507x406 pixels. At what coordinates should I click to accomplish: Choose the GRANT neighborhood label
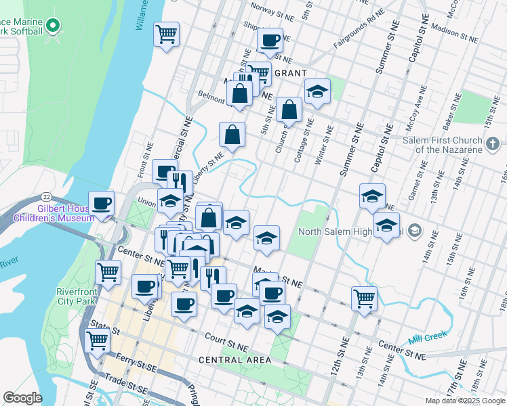click(x=291, y=72)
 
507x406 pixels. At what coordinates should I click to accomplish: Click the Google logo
click(x=22, y=398)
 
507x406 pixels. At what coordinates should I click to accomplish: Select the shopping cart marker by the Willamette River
click(x=166, y=33)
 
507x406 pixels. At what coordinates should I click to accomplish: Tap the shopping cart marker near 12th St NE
click(x=364, y=298)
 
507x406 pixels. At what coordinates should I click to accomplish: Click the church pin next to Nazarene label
click(x=493, y=143)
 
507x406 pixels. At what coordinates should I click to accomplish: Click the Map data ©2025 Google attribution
click(x=465, y=401)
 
